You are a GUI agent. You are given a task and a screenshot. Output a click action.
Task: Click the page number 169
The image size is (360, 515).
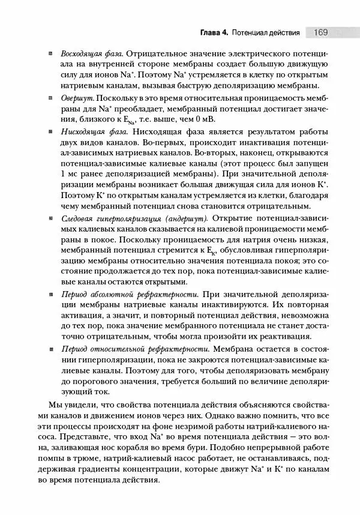pyautogui.click(x=320, y=32)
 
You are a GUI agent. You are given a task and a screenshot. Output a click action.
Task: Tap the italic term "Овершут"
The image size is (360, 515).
pyautogui.click(x=77, y=97)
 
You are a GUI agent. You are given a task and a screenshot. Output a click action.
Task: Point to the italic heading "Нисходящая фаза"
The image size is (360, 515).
pyautogui.click(x=94, y=131)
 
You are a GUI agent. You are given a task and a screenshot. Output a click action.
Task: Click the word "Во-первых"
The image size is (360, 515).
pyautogui.click(x=163, y=142)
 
